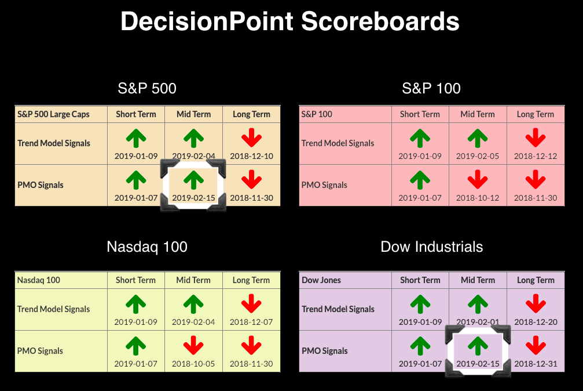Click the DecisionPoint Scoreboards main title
290,21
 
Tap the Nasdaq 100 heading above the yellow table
147,247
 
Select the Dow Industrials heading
432,247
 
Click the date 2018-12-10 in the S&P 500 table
251,156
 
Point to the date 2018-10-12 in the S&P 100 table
478,198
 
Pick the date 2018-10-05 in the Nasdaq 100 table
193,364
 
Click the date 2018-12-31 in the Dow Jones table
536,364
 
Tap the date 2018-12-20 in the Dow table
536,322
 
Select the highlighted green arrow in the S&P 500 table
193,180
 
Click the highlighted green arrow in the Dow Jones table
478,346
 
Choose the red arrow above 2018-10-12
478,180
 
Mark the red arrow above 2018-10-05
193,346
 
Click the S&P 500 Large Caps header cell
53,114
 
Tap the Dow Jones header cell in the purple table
321,280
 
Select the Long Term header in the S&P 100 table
536,114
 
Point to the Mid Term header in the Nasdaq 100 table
193,280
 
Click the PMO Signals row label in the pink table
324,185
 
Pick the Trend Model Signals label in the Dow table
338,309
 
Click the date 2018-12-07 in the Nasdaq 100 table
251,322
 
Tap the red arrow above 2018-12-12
536,138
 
